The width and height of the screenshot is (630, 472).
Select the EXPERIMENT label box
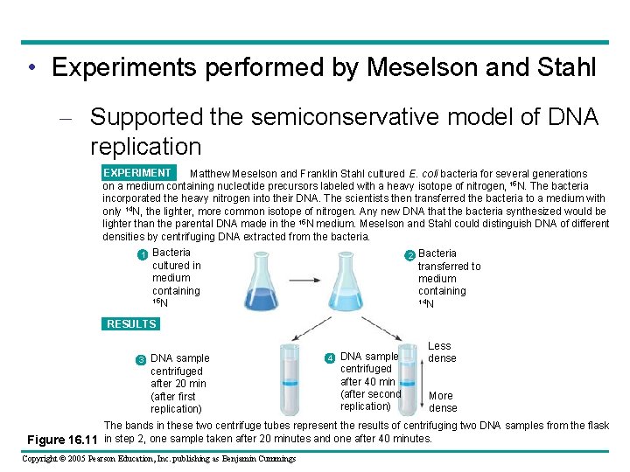point(139,173)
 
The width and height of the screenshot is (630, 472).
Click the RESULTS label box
point(131,324)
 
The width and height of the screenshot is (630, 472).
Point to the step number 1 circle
point(142,255)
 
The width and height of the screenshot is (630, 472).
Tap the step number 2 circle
point(409,255)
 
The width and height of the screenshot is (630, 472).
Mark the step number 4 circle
point(330,358)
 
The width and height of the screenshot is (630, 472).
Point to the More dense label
point(443,402)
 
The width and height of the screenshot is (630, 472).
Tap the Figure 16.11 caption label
point(63,439)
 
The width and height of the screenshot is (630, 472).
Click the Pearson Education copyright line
point(158,459)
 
